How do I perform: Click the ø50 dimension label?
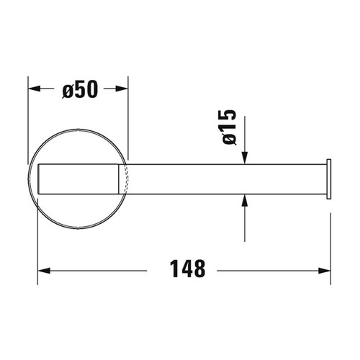coord(78,90)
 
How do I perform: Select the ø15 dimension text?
coord(228,127)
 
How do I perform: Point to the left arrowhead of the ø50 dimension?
coord(33,90)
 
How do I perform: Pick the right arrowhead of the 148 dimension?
coord(325,270)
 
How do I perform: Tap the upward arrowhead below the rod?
coord(246,204)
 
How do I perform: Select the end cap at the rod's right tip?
coord(329,179)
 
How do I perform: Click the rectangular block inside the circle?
coord(79,179)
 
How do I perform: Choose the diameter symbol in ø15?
coord(228,140)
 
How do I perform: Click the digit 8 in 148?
coord(200,270)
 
